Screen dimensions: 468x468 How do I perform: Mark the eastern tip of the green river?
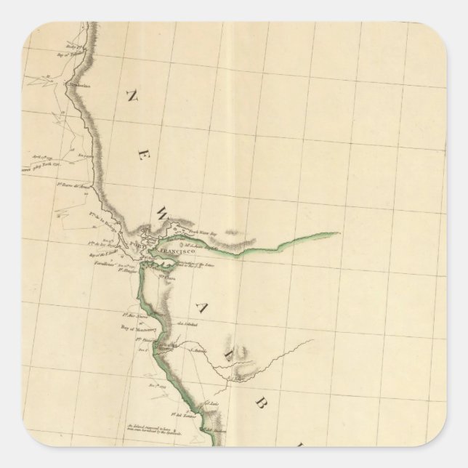coord(339,233)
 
